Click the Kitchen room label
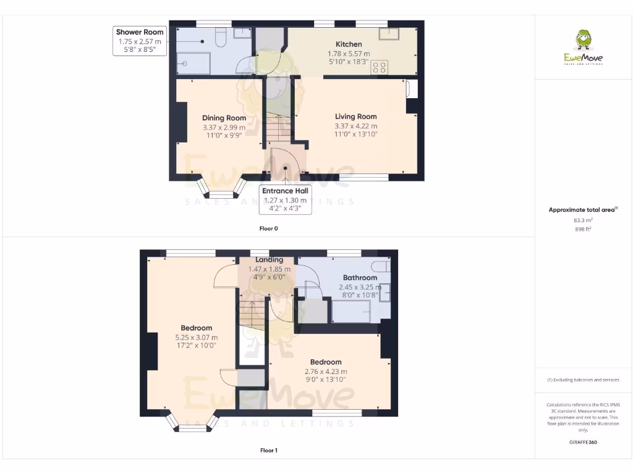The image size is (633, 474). click(x=349, y=44)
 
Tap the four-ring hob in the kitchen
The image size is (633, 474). click(x=379, y=67)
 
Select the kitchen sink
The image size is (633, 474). click(x=391, y=33)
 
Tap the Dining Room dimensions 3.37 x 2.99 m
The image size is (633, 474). click(x=224, y=128)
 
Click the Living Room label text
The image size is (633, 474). click(x=355, y=117)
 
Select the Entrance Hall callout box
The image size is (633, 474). click(x=285, y=199)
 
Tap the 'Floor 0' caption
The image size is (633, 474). click(x=268, y=228)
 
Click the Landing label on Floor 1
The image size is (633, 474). click(x=269, y=260)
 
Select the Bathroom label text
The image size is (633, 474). click(x=360, y=278)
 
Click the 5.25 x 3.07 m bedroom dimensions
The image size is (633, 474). click(x=196, y=338)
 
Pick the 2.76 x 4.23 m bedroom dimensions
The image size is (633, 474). click(x=326, y=372)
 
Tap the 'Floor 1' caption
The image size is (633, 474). click(x=268, y=451)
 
